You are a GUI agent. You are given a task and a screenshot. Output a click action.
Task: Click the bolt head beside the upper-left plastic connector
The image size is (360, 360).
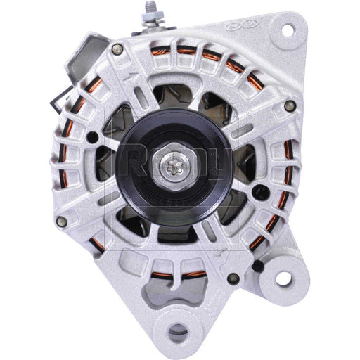(117, 49)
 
